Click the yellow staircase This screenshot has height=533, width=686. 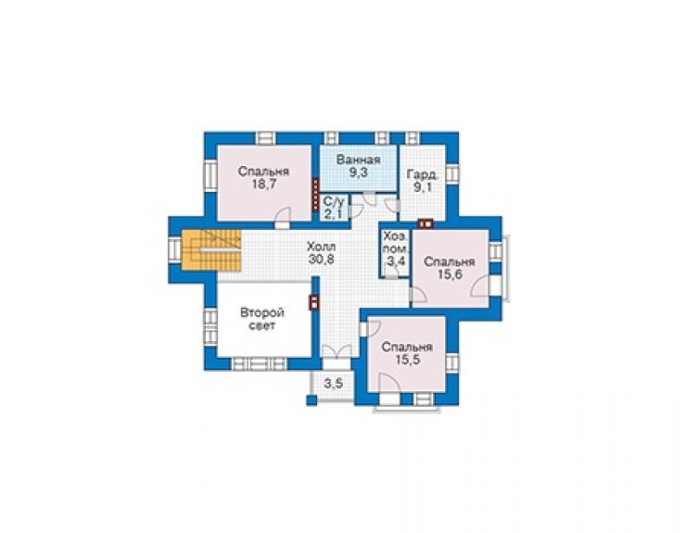211,250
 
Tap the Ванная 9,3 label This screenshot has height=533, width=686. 359,166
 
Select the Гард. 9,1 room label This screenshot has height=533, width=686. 422,181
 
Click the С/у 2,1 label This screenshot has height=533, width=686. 335,208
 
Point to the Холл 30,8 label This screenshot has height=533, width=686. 322,252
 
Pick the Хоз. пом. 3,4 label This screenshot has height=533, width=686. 397,249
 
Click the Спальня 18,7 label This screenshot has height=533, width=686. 263,177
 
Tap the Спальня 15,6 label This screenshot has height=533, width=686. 450,268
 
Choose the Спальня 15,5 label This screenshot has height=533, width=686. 407,353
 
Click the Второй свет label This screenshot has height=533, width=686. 262,319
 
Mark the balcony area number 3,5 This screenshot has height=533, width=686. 334,384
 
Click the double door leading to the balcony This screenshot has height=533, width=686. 337,351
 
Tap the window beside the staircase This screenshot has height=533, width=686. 175,250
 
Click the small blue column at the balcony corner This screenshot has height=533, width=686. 311,400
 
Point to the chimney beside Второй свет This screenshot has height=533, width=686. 313,302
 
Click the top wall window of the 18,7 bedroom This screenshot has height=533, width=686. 265,138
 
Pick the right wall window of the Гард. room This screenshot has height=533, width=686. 452,173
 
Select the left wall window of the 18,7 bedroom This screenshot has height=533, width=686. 210,175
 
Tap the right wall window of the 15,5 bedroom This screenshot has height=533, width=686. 452,362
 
